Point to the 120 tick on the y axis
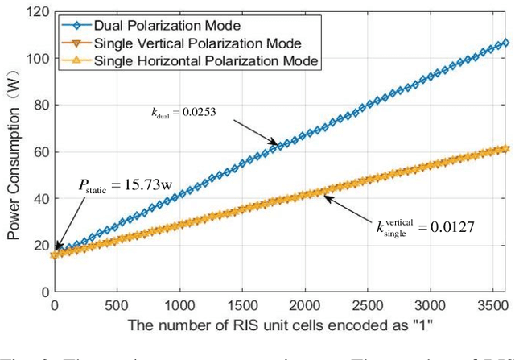click(x=38, y=12)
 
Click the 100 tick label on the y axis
click(x=38, y=59)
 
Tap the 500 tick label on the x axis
click(x=117, y=307)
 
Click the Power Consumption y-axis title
click(x=14, y=154)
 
